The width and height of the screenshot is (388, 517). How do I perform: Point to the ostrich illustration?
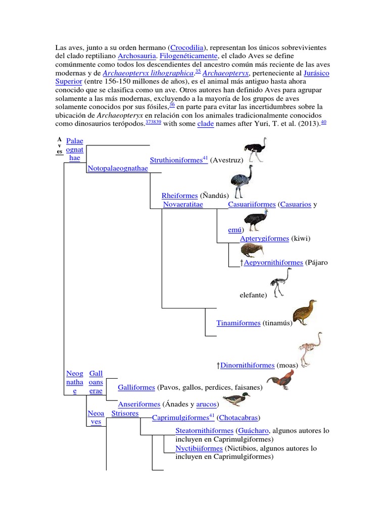[254, 149]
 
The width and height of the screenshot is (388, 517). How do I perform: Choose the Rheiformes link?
[179, 195]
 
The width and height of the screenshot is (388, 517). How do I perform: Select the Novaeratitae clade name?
[183, 204]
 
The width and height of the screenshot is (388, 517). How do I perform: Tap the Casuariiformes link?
[252, 204]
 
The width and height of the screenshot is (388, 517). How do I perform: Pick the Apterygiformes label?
[264, 238]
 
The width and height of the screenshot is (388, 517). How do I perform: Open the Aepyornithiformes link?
[273, 263]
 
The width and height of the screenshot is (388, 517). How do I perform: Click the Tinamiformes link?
[238, 323]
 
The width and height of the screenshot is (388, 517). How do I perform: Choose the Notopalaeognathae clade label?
[118, 169]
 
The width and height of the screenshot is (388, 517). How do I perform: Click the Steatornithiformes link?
[204, 431]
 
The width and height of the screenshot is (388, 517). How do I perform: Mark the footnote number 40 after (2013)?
[323, 122]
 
